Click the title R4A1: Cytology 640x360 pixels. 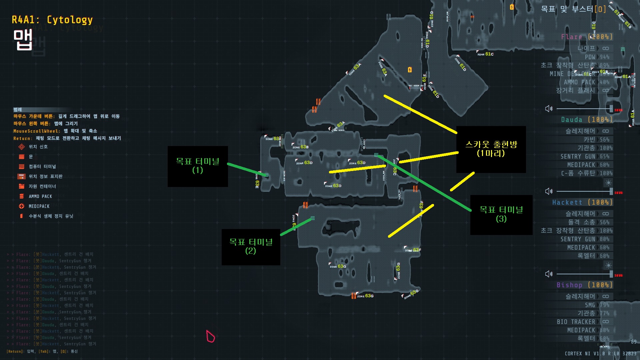click(52, 20)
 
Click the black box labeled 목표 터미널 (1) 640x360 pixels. click(198, 166)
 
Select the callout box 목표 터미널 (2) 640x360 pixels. click(251, 247)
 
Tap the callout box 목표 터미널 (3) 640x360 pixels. click(501, 214)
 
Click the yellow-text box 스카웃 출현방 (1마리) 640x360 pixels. click(491, 149)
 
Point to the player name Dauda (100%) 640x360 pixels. click(587, 120)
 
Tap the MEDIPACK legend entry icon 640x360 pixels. click(22, 206)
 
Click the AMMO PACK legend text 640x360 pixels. click(40, 196)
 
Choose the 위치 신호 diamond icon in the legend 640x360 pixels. click(22, 147)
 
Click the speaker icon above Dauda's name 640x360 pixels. click(549, 109)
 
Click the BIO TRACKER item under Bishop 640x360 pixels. click(576, 322)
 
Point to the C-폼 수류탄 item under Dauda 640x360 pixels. click(578, 173)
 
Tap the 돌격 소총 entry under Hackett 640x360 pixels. click(581, 222)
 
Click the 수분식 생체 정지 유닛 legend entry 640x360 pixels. click(51, 216)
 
